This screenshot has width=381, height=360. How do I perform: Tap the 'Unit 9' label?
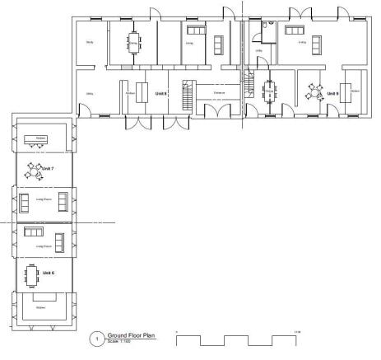(332, 93)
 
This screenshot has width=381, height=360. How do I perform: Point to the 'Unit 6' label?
(48, 272)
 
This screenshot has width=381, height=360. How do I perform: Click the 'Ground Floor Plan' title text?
(132, 335)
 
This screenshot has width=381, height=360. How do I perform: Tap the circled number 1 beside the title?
(97, 339)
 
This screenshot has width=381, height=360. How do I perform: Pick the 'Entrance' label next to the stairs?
(219, 93)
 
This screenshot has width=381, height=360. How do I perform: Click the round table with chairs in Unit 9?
(314, 90)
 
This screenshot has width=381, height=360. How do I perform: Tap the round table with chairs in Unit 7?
(36, 171)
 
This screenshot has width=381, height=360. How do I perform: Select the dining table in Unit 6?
(34, 274)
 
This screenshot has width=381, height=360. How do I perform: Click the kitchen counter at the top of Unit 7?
(38, 138)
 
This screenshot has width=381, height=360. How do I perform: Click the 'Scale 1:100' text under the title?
(120, 342)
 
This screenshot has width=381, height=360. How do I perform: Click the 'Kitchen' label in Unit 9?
(354, 91)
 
